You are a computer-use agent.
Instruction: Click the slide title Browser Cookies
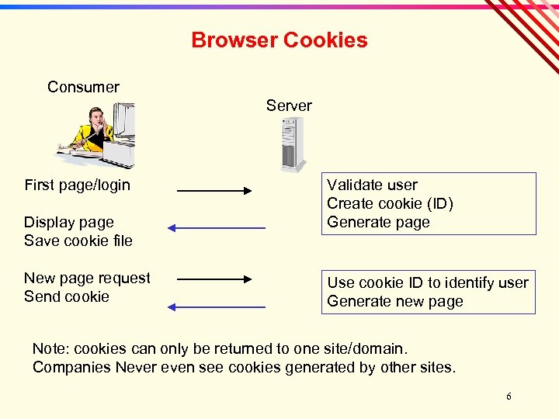coord(279,40)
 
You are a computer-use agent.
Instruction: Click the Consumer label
coord(83,87)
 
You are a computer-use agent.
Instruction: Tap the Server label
coord(289,106)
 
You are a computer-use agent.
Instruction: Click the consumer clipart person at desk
coord(96,137)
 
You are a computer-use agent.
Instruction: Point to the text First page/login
coord(77,185)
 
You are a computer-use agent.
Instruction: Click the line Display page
coord(69,223)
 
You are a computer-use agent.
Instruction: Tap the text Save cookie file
coord(78,241)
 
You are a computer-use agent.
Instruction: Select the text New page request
coord(87,278)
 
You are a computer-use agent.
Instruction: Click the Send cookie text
coord(67,296)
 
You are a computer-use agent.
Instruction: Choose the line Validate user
coord(372,185)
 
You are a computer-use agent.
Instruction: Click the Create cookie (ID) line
coord(390,203)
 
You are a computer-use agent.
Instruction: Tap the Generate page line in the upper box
coord(378,222)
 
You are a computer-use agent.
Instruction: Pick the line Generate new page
coord(395,301)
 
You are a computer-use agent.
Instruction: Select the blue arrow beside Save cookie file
coord(217,228)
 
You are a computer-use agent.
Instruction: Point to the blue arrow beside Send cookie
coord(217,307)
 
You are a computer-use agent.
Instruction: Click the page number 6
coord(509,396)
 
